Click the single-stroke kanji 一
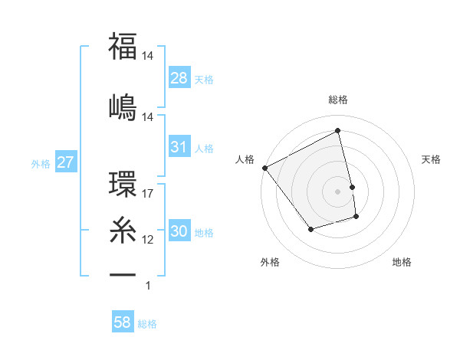pyautogui.click(x=123, y=273)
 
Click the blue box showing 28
pyautogui.click(x=179, y=78)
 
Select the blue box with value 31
pyautogui.click(x=179, y=147)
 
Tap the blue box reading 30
pyautogui.click(x=179, y=232)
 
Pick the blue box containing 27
pyautogui.click(x=65, y=162)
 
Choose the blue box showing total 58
pyautogui.click(x=123, y=322)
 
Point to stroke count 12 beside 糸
pyautogui.click(x=148, y=239)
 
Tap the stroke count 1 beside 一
pyautogui.click(x=148, y=286)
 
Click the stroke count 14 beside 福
pyautogui.click(x=148, y=55)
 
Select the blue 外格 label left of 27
pyautogui.click(x=41, y=163)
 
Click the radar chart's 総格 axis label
pyautogui.click(x=338, y=100)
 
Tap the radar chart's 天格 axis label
pyautogui.click(x=432, y=159)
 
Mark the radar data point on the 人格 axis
pyautogui.click(x=265, y=168)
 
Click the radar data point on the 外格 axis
pyautogui.click(x=310, y=229)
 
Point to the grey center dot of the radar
pyautogui.click(x=338, y=191)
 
